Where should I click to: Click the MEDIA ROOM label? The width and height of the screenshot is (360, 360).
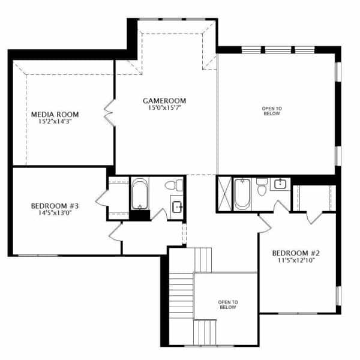click(x=55, y=115)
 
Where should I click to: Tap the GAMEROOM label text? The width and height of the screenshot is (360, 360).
click(x=164, y=101)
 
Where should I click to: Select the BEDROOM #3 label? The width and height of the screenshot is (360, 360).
click(x=55, y=206)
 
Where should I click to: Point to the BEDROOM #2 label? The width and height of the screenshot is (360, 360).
click(x=296, y=253)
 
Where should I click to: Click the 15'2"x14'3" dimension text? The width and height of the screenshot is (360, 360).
click(x=55, y=121)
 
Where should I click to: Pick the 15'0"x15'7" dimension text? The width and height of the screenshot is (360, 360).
click(x=164, y=107)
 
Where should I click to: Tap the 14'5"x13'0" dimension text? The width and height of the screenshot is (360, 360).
click(x=55, y=213)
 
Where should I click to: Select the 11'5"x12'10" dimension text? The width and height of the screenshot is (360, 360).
click(x=296, y=260)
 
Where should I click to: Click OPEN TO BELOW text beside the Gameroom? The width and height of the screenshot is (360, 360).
click(x=272, y=111)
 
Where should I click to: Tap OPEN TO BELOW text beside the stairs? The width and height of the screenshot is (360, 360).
click(x=228, y=305)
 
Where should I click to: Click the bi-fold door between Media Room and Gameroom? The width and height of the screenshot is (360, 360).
click(x=109, y=113)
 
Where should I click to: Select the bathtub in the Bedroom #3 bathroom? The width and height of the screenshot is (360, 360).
click(x=140, y=194)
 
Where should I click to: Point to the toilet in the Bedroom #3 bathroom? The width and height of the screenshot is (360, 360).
click(x=174, y=185)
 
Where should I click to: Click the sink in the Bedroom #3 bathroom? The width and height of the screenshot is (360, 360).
click(x=177, y=207)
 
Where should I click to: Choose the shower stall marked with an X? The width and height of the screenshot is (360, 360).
click(x=225, y=194)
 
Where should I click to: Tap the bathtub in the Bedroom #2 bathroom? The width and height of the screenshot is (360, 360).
click(x=242, y=194)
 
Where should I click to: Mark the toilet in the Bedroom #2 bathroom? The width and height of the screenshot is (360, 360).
click(x=262, y=187)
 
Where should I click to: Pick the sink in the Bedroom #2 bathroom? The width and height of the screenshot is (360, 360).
click(x=280, y=184)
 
